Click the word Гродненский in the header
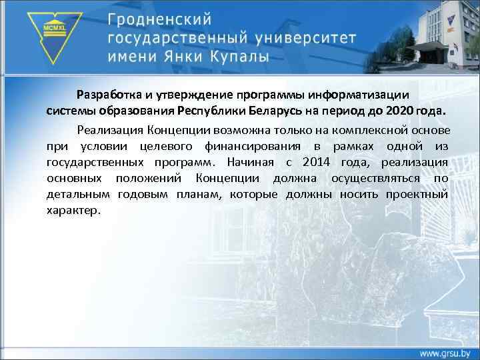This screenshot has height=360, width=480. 161,16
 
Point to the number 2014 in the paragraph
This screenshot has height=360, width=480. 317,161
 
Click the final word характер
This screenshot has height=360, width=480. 73,211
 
